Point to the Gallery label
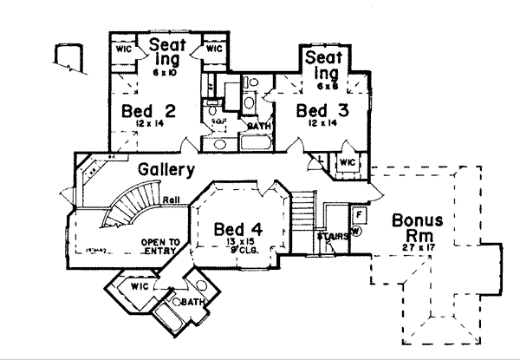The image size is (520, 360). click(165, 170)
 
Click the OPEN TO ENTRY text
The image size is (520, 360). click(160, 246)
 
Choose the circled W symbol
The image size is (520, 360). click(356, 230)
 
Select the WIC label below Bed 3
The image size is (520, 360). click(347, 162)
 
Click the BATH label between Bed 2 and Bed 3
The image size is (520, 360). click(259, 126)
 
